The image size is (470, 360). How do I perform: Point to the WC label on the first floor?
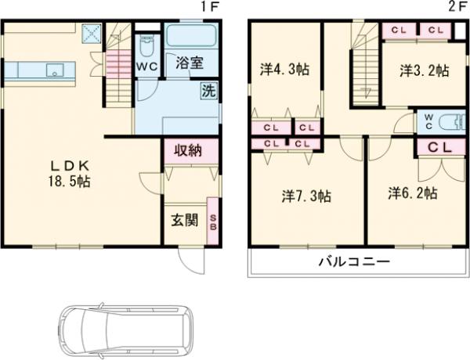pyautogui.click(x=146, y=67)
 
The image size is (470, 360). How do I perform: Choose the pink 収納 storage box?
pyautogui.click(x=189, y=150)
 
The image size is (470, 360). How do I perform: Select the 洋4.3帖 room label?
pyautogui.click(x=284, y=70)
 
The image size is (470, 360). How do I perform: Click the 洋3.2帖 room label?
pyautogui.click(x=424, y=70)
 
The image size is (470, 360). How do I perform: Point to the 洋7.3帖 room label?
pyautogui.click(x=305, y=196)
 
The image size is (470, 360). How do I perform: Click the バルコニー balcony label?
pyautogui.click(x=353, y=261)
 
